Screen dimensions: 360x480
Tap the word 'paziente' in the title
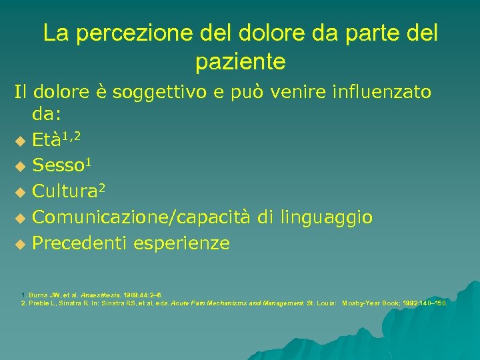click(x=240, y=63)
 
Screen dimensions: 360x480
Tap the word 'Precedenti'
click(x=80, y=243)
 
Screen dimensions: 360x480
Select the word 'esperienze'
click(x=181, y=243)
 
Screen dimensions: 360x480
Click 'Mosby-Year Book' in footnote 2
click(x=370, y=303)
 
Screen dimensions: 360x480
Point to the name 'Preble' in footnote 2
click(x=37, y=303)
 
